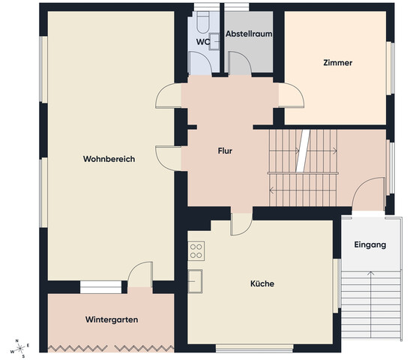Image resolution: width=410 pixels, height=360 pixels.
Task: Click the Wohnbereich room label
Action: point(109,159)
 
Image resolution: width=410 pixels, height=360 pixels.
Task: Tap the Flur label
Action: point(225,151)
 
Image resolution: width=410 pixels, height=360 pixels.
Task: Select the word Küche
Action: point(262,283)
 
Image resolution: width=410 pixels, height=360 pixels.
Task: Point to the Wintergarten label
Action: point(112,319)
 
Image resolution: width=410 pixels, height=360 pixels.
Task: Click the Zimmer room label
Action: point(338,63)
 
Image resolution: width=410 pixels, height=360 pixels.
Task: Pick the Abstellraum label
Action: point(249,34)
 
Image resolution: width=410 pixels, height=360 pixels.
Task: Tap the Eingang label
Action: point(370,245)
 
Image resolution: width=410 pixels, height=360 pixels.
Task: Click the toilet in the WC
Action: point(203,22)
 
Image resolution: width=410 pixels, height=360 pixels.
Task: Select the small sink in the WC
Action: point(214,41)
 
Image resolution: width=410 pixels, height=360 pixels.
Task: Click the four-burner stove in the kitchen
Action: point(196,250)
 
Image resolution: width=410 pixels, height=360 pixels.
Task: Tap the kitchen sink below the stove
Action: point(195,281)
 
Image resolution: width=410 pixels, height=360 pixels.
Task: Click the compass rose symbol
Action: point(19,349)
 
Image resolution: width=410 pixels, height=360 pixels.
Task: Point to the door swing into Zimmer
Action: point(291,95)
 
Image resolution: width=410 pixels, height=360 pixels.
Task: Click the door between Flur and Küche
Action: point(241,224)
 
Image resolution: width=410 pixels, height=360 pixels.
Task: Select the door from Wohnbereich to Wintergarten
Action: point(140,274)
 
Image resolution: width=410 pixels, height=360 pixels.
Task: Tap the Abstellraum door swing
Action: point(240,64)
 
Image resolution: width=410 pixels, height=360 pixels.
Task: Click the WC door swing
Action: point(200,64)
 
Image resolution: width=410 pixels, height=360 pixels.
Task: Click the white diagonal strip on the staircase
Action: point(303,151)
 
